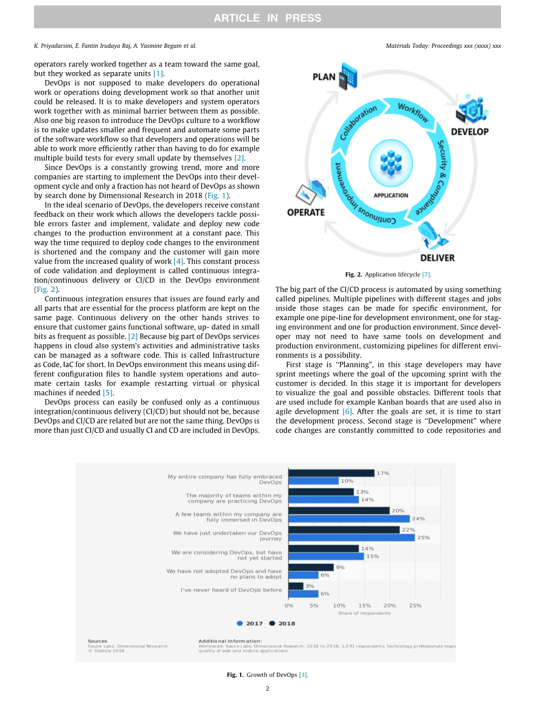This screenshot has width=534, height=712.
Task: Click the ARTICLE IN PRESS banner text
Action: click(x=267, y=18)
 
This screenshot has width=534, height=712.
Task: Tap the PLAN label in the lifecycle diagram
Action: click(x=324, y=77)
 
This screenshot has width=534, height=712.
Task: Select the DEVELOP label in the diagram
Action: click(x=469, y=132)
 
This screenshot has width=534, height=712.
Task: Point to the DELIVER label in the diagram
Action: click(x=437, y=257)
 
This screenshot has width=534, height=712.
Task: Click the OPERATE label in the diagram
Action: click(x=306, y=212)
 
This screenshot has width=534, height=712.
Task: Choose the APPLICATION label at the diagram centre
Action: click(x=391, y=196)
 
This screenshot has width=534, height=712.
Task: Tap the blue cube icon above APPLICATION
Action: click(x=391, y=162)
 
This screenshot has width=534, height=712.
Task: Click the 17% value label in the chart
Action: click(x=382, y=473)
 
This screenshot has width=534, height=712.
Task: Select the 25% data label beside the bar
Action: click(x=423, y=538)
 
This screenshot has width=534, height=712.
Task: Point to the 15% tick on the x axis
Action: click(x=364, y=605)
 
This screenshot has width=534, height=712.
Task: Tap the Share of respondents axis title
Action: click(x=364, y=613)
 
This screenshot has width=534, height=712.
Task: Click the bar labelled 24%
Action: click(x=349, y=519)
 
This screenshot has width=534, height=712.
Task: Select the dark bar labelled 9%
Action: click(x=311, y=568)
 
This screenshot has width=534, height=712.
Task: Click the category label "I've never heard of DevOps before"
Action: click(x=231, y=590)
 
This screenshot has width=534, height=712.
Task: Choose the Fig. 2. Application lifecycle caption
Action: click(x=388, y=275)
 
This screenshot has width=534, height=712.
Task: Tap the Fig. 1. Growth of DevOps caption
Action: click(x=267, y=674)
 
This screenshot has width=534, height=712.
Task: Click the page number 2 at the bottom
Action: click(x=267, y=688)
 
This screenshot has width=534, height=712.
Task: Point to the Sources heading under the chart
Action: click(x=98, y=641)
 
